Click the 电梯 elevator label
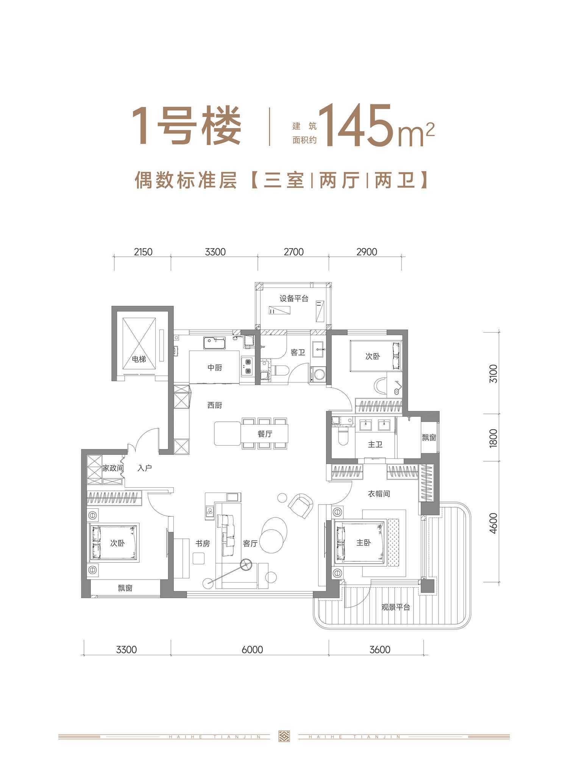click(x=139, y=359)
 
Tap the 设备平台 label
click(x=294, y=298)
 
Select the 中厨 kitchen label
click(x=214, y=367)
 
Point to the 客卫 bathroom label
click(x=298, y=353)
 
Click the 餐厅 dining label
click(x=265, y=434)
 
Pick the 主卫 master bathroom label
click(x=375, y=444)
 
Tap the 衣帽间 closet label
click(x=379, y=494)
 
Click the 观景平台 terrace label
click(x=395, y=607)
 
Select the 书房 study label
click(x=203, y=544)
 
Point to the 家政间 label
click(x=113, y=468)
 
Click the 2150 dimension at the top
click(x=143, y=252)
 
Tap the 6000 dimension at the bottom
click(x=252, y=650)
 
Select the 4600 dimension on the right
click(x=493, y=523)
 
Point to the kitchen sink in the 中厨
click(x=214, y=343)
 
